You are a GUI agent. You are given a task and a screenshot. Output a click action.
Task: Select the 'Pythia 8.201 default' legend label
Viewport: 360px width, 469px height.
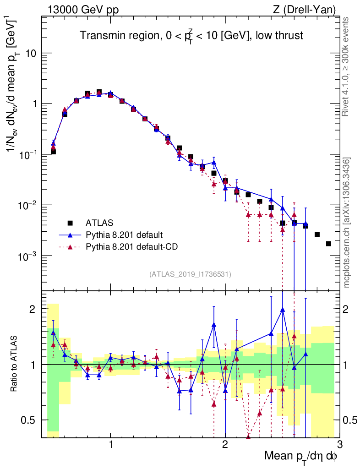124,235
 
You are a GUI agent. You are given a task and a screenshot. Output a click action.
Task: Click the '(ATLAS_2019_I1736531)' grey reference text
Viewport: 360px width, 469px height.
190,274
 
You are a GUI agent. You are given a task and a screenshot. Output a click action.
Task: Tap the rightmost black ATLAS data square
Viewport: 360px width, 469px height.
328,243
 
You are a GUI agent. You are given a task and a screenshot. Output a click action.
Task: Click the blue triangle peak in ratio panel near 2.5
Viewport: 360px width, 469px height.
283,310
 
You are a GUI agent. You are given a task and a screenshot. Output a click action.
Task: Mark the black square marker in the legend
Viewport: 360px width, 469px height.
70,223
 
